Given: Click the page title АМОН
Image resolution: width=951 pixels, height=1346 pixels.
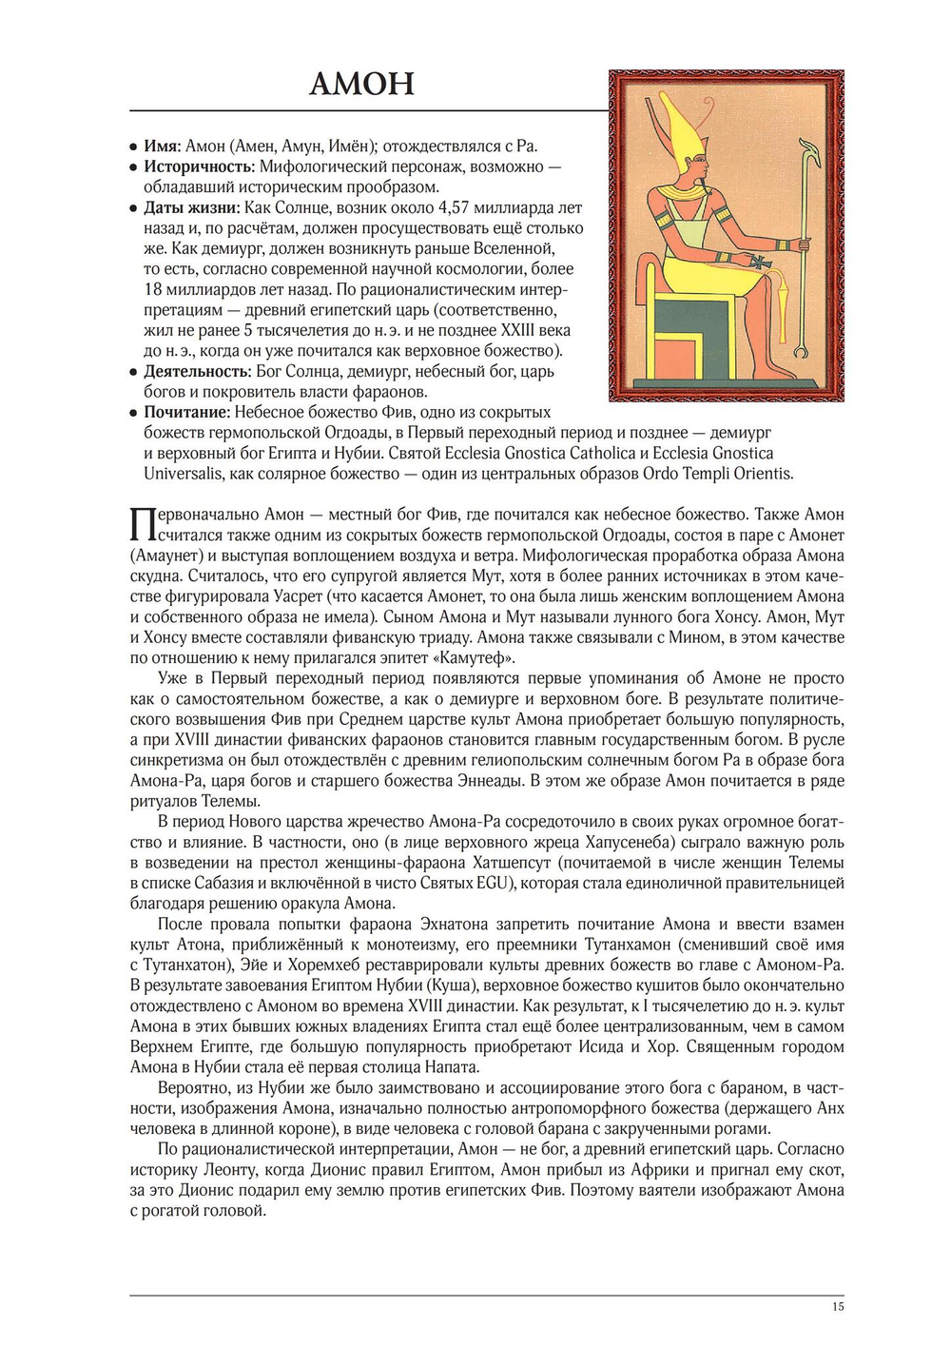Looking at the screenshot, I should click(x=362, y=84).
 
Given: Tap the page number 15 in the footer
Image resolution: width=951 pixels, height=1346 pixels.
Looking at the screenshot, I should click(x=837, y=1306).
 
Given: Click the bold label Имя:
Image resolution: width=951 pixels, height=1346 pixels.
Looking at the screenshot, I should click(x=163, y=146).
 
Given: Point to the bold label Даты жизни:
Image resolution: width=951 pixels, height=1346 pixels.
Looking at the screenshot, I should click(x=191, y=207).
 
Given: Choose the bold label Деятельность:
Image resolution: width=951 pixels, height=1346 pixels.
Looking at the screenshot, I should click(x=198, y=371).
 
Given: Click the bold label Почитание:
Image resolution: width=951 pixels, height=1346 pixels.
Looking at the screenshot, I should click(x=187, y=412).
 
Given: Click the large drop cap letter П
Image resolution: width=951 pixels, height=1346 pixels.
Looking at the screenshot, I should click(x=142, y=524).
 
